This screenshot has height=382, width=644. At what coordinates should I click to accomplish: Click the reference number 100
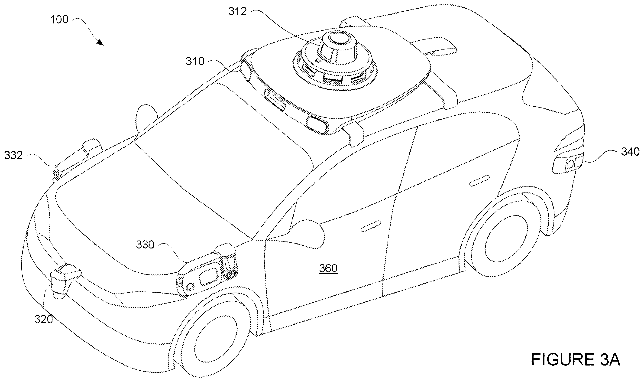[59, 20]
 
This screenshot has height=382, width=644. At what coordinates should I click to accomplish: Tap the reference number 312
[237, 11]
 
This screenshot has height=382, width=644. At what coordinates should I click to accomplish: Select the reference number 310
[195, 61]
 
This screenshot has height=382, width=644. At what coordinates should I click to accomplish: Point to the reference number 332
[13, 156]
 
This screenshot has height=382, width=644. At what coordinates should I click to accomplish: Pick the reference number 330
[145, 245]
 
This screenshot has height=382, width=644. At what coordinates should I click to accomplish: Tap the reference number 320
[44, 320]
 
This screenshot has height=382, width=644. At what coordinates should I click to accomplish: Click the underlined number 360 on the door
[328, 268]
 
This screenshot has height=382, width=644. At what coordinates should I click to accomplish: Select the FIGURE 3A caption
[576, 360]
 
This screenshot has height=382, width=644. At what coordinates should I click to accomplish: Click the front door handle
[371, 226]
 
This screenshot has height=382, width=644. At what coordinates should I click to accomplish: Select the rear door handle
[479, 181]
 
